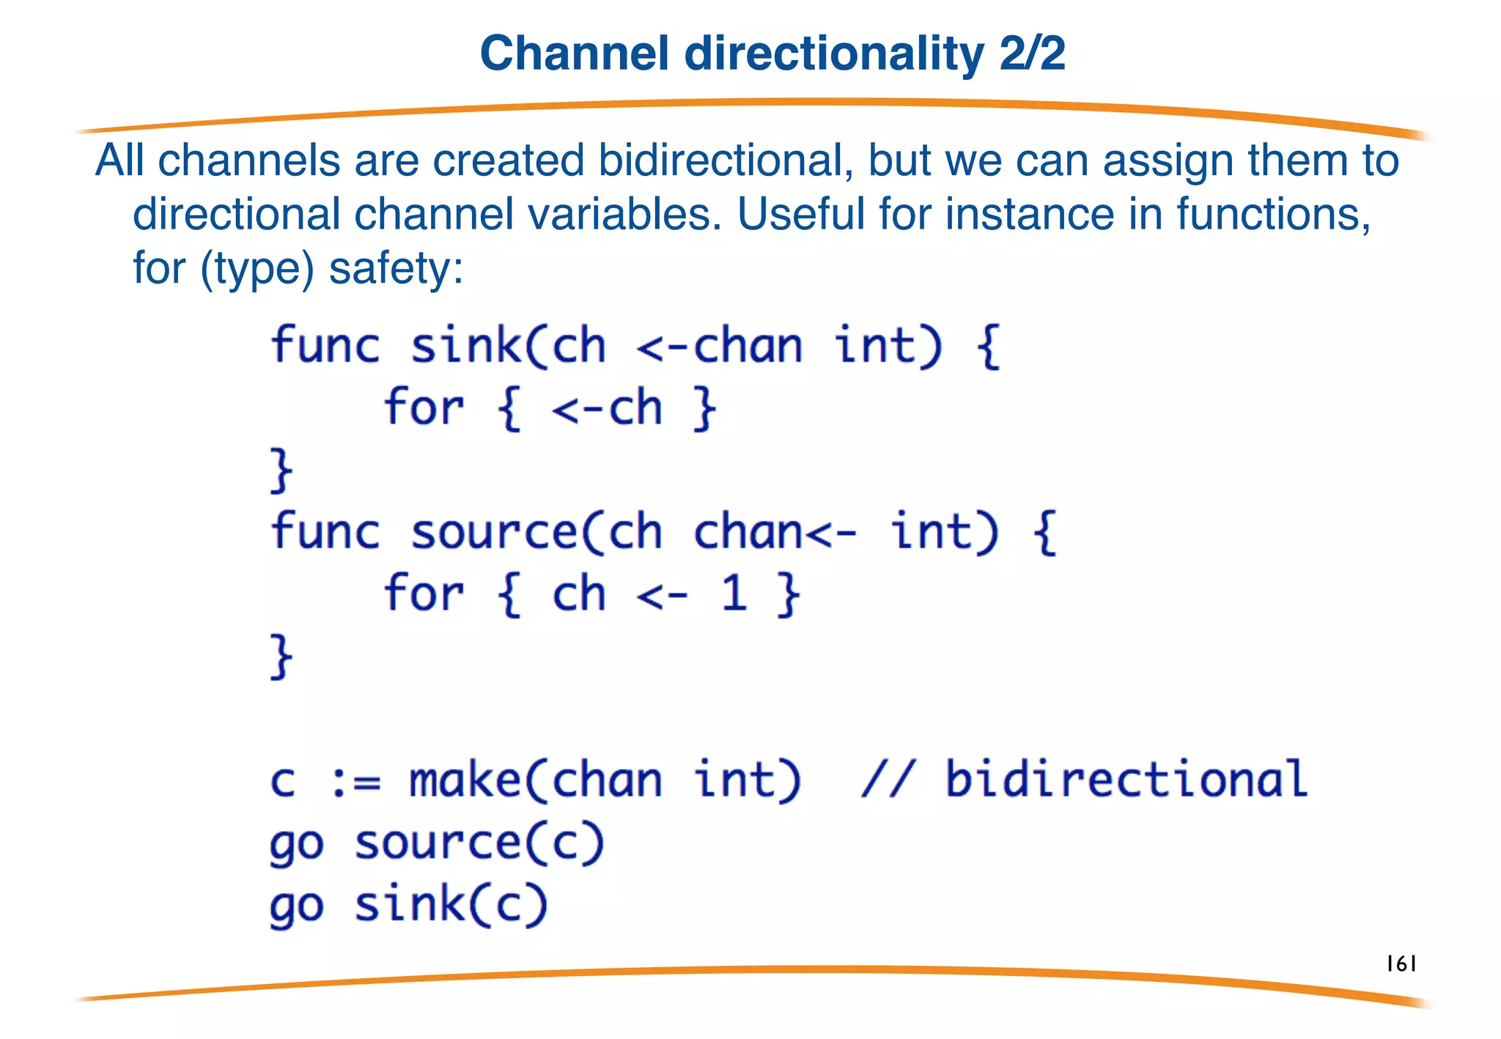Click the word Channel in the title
click(x=574, y=54)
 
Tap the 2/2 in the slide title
click(x=1032, y=54)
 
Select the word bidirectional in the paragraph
click(x=725, y=160)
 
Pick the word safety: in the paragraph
click(x=397, y=268)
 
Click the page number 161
click(x=1401, y=964)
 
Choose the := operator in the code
click(x=355, y=780)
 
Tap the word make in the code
click(x=465, y=780)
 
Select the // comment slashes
click(x=888, y=780)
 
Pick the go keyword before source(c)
click(x=296, y=845)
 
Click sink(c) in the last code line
click(x=451, y=905)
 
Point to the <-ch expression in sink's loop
click(x=607, y=408)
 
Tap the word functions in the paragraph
click(x=1273, y=214)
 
